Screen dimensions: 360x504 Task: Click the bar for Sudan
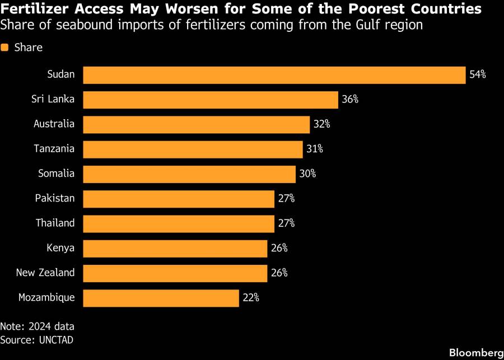pyautogui.click(x=274, y=75)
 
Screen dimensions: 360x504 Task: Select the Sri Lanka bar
pyautogui.click(x=211, y=100)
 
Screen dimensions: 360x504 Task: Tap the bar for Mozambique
pyautogui.click(x=161, y=298)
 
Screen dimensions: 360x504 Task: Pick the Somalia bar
pyautogui.click(x=189, y=174)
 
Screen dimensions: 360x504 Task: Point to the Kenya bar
pyautogui.click(x=175, y=248)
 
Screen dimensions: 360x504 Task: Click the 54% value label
pyautogui.click(x=478, y=75)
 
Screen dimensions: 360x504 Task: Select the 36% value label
pyautogui.click(x=350, y=100)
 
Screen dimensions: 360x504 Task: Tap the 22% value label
pyautogui.click(x=251, y=298)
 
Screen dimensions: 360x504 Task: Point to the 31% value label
pyautogui.click(x=314, y=149)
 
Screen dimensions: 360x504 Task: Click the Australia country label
pyautogui.click(x=54, y=124)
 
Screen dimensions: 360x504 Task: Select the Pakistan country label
pyautogui.click(x=55, y=198)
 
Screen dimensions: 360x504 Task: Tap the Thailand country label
pyautogui.click(x=55, y=223)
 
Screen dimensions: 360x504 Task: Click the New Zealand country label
pyautogui.click(x=45, y=273)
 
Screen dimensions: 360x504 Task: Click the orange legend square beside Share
pyautogui.click(x=5, y=48)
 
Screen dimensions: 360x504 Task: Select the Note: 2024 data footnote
pyautogui.click(x=37, y=326)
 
